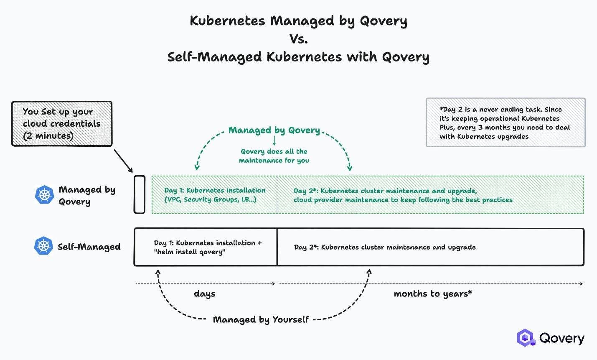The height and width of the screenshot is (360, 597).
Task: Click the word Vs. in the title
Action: (298, 39)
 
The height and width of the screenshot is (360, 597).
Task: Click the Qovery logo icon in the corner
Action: (526, 338)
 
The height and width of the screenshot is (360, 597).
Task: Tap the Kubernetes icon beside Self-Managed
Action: (43, 246)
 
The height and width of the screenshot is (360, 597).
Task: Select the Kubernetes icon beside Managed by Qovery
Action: (44, 195)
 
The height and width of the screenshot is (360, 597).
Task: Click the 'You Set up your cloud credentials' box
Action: (62, 124)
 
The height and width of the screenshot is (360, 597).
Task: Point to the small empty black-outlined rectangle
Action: (140, 194)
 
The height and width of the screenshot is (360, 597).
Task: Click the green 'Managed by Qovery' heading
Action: (274, 130)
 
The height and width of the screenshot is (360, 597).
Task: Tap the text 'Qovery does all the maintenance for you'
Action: (274, 156)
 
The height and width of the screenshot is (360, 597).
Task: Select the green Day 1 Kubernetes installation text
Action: (215, 195)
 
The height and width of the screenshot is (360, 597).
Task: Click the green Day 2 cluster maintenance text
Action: (403, 195)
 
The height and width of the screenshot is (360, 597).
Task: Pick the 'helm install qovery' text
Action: (190, 252)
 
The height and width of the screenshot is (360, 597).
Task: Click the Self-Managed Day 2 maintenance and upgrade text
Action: (385, 247)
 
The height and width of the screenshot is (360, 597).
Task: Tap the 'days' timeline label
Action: (205, 294)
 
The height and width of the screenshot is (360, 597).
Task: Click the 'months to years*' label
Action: (433, 294)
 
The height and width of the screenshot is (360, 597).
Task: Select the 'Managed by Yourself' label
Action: (261, 320)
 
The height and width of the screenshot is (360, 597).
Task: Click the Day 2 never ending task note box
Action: (506, 123)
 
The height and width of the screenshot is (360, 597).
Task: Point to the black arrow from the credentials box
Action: (123, 161)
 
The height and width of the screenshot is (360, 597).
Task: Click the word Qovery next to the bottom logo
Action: (561, 338)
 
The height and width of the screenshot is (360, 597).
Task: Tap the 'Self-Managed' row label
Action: (89, 247)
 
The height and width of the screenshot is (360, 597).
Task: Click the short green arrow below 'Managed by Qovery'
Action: (274, 141)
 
